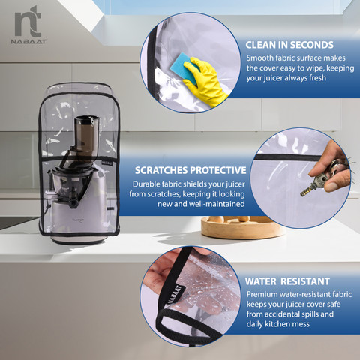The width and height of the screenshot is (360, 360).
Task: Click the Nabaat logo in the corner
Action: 28,25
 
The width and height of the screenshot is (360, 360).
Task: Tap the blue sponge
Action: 182,66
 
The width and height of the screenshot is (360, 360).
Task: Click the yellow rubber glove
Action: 204,81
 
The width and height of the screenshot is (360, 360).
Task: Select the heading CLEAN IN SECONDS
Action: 289,45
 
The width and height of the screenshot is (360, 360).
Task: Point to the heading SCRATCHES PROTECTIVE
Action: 190,170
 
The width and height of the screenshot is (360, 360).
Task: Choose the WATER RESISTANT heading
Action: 287,281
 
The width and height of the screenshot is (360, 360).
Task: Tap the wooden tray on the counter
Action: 241,227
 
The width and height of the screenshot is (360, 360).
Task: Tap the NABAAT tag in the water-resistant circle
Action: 176,295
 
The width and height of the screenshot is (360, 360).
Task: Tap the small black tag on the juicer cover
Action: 107,162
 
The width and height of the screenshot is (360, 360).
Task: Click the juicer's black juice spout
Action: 73,201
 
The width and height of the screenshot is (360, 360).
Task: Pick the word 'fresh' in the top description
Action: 317,78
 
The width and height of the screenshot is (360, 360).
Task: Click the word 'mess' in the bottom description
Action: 300,324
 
